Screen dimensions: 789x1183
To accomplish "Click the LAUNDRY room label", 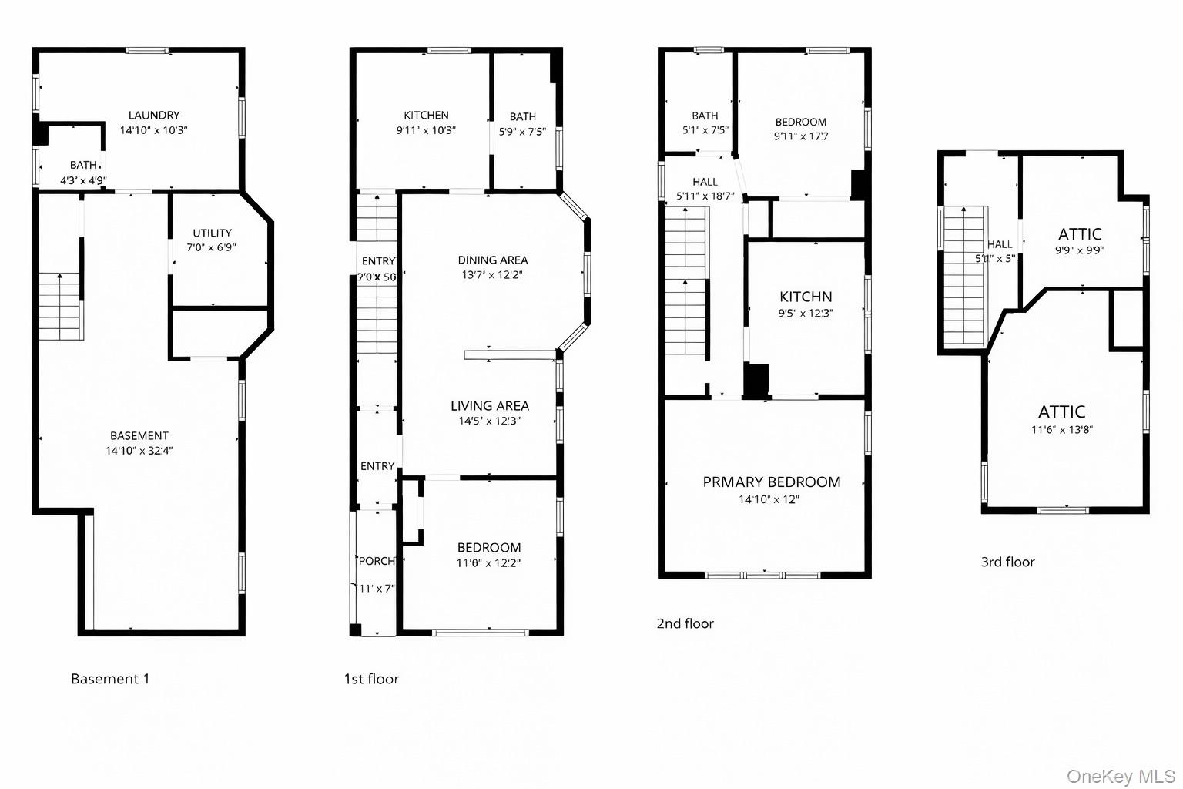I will [x=154, y=116].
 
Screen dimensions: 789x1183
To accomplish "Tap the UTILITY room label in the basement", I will [x=212, y=233].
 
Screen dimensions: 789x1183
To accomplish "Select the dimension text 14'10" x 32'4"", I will [x=139, y=451].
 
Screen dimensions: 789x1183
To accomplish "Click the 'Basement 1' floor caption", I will [x=110, y=679].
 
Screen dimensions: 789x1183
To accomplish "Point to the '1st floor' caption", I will [x=371, y=679].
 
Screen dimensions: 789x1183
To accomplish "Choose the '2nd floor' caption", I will [x=685, y=623].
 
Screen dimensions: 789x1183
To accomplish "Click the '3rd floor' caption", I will [x=1007, y=562].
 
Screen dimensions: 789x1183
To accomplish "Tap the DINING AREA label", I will [x=493, y=260].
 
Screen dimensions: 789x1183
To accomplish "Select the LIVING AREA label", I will [x=490, y=405].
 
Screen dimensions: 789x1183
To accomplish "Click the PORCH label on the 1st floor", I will [x=377, y=561].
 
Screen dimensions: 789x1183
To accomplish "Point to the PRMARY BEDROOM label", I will [x=771, y=482].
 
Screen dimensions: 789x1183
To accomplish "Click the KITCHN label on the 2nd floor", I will [x=806, y=297].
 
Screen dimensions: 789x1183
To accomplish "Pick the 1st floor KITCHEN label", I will [x=426, y=116].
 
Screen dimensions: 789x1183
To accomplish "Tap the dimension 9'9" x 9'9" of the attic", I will [x=1079, y=250].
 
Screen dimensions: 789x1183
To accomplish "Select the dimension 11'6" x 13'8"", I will [x=1062, y=430].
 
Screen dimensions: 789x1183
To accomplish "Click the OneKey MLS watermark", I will [x=1121, y=776].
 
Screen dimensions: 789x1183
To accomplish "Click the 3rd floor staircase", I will [x=963, y=277].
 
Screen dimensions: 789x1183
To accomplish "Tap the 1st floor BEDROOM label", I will [x=489, y=548].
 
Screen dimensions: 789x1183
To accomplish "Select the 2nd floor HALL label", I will [x=705, y=182].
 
